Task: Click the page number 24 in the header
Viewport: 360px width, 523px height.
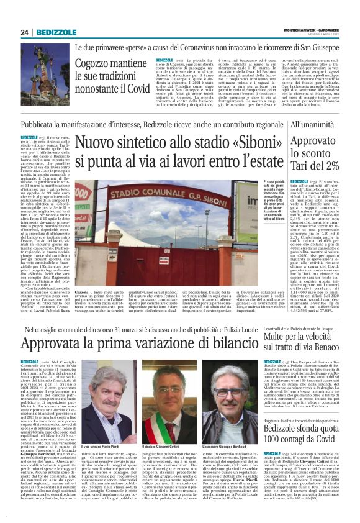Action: click(x=24, y=32)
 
